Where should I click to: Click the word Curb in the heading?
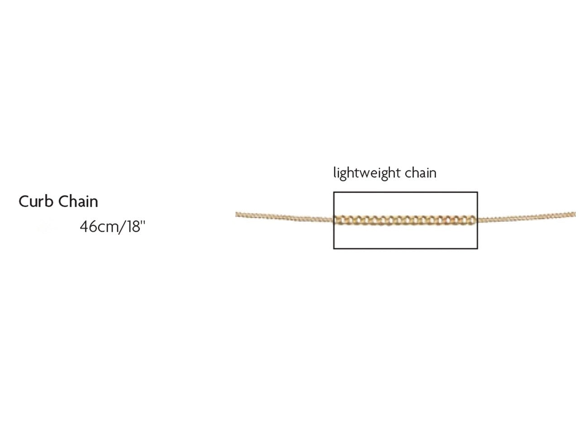pyautogui.click(x=35, y=201)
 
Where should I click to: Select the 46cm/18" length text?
pyautogui.click(x=112, y=226)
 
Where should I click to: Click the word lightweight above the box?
pyautogui.click(x=367, y=173)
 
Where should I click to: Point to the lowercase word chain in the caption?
pyautogui.click(x=421, y=173)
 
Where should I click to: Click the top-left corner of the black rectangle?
pyautogui.click(x=334, y=193)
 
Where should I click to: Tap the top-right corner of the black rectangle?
pyautogui.click(x=477, y=193)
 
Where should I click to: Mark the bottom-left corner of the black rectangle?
pyautogui.click(x=334, y=248)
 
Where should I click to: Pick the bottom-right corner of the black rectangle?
pyautogui.click(x=477, y=248)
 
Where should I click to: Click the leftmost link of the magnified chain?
pyautogui.click(x=339, y=220)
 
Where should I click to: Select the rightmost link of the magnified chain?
pyautogui.click(x=472, y=220)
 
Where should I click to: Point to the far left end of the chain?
pyautogui.click(x=237, y=214)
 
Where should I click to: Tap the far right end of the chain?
pyautogui.click(x=574, y=214)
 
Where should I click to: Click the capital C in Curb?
pyautogui.click(x=24, y=201)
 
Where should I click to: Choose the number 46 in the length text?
pyautogui.click(x=87, y=226)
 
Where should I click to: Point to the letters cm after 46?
pyautogui.click(x=107, y=227)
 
